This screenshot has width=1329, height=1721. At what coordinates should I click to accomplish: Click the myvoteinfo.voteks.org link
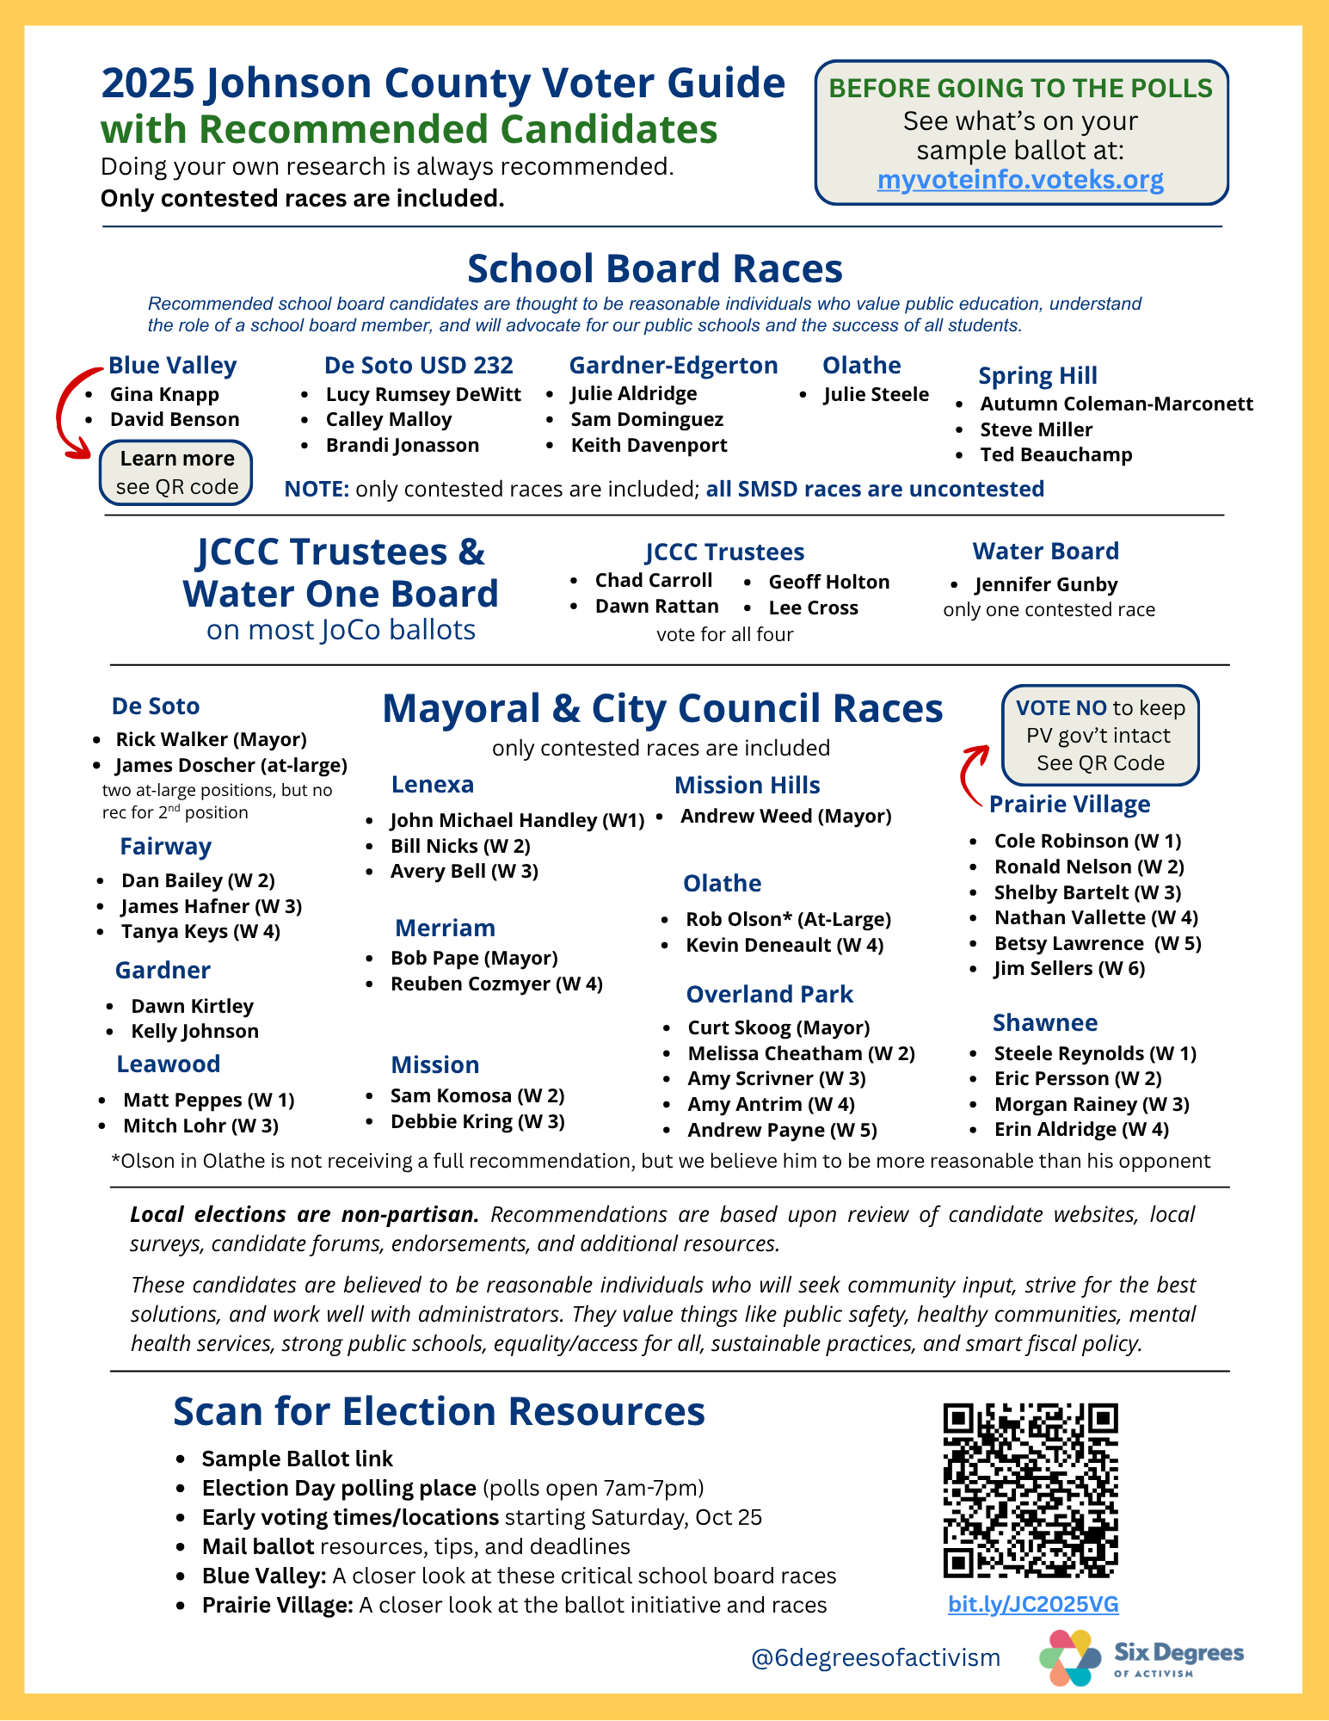pos(1020,180)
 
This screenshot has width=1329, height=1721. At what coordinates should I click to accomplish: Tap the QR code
pos(1031,1490)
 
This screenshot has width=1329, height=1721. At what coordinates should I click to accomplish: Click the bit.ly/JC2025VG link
pos(1033,1604)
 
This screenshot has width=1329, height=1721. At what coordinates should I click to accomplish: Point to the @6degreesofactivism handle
pos(876,1657)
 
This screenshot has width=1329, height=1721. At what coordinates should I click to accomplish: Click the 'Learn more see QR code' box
pos(176,472)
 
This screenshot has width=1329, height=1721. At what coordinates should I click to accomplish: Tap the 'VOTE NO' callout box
pos(1100,735)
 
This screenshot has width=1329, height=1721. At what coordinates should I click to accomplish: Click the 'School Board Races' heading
pos(655,268)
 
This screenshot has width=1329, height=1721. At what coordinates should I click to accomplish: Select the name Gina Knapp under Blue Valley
pos(164,394)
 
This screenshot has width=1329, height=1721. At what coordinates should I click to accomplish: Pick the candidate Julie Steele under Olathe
pos(876,394)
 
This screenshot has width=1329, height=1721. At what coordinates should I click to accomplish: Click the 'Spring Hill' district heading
pos(1037,376)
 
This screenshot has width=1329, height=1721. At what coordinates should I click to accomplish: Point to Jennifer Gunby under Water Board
pos(1046,585)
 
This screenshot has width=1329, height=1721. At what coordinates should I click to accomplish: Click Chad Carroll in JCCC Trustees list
pos(654,581)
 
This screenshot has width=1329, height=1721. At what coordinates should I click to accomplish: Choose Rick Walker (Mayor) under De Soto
pos(211,739)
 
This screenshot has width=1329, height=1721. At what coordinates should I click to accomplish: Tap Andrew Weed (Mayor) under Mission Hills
pos(785,816)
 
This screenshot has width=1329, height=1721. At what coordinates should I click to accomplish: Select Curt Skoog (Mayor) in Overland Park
pos(778,1027)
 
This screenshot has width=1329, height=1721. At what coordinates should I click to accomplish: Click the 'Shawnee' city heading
pos(1045,1022)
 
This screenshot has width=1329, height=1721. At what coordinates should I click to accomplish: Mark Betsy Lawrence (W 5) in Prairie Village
pos(1098,943)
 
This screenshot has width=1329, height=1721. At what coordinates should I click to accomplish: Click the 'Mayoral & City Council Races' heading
pos(662,709)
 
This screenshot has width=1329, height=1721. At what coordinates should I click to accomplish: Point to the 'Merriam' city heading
pos(445,928)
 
